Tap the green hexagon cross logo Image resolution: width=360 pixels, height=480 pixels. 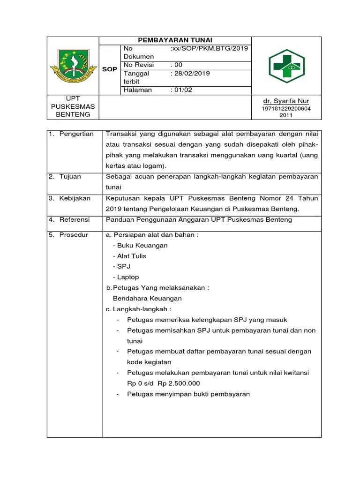[x=286, y=67]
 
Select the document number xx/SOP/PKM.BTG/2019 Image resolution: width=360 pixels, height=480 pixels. [x=210, y=48]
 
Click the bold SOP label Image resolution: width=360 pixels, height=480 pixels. [x=110, y=69]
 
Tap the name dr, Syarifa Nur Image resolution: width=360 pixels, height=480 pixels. [x=286, y=101]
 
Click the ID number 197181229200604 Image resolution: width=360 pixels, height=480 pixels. [x=286, y=109]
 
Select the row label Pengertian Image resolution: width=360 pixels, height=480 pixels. [x=76, y=134]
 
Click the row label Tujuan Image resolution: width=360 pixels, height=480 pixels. [x=70, y=176]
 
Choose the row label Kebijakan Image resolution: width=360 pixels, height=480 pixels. [x=75, y=198]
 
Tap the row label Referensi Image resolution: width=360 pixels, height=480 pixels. [x=75, y=219]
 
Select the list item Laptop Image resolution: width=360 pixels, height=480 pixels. [x=127, y=277]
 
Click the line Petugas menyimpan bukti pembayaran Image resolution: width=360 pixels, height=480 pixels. [x=188, y=394]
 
